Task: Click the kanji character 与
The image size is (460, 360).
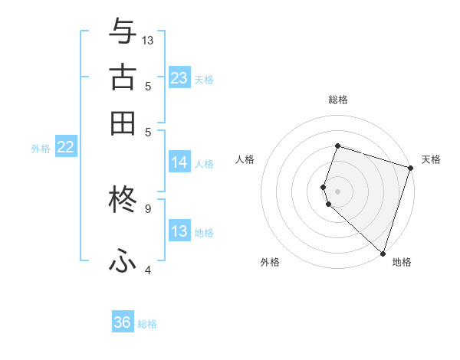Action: (123, 32)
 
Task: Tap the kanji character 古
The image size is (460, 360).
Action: (123, 77)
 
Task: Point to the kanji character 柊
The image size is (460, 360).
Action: (123, 200)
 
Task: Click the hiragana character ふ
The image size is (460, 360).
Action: (123, 260)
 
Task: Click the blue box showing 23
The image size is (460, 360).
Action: (179, 78)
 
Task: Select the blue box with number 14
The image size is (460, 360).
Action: (179, 162)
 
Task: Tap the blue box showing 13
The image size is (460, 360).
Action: (179, 231)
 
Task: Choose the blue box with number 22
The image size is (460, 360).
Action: (65, 148)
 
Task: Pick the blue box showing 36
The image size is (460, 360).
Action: (123, 322)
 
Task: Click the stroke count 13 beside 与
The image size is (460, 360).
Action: (148, 40)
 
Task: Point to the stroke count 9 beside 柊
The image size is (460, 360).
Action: (147, 208)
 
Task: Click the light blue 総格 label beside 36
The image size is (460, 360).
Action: (147, 324)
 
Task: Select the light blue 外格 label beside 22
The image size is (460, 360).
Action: (41, 149)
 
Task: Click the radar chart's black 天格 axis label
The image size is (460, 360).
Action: (431, 159)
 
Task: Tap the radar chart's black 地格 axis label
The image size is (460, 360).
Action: (402, 262)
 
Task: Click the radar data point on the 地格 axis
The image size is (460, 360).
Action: (383, 253)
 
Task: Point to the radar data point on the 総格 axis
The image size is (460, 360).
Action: (337, 146)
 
